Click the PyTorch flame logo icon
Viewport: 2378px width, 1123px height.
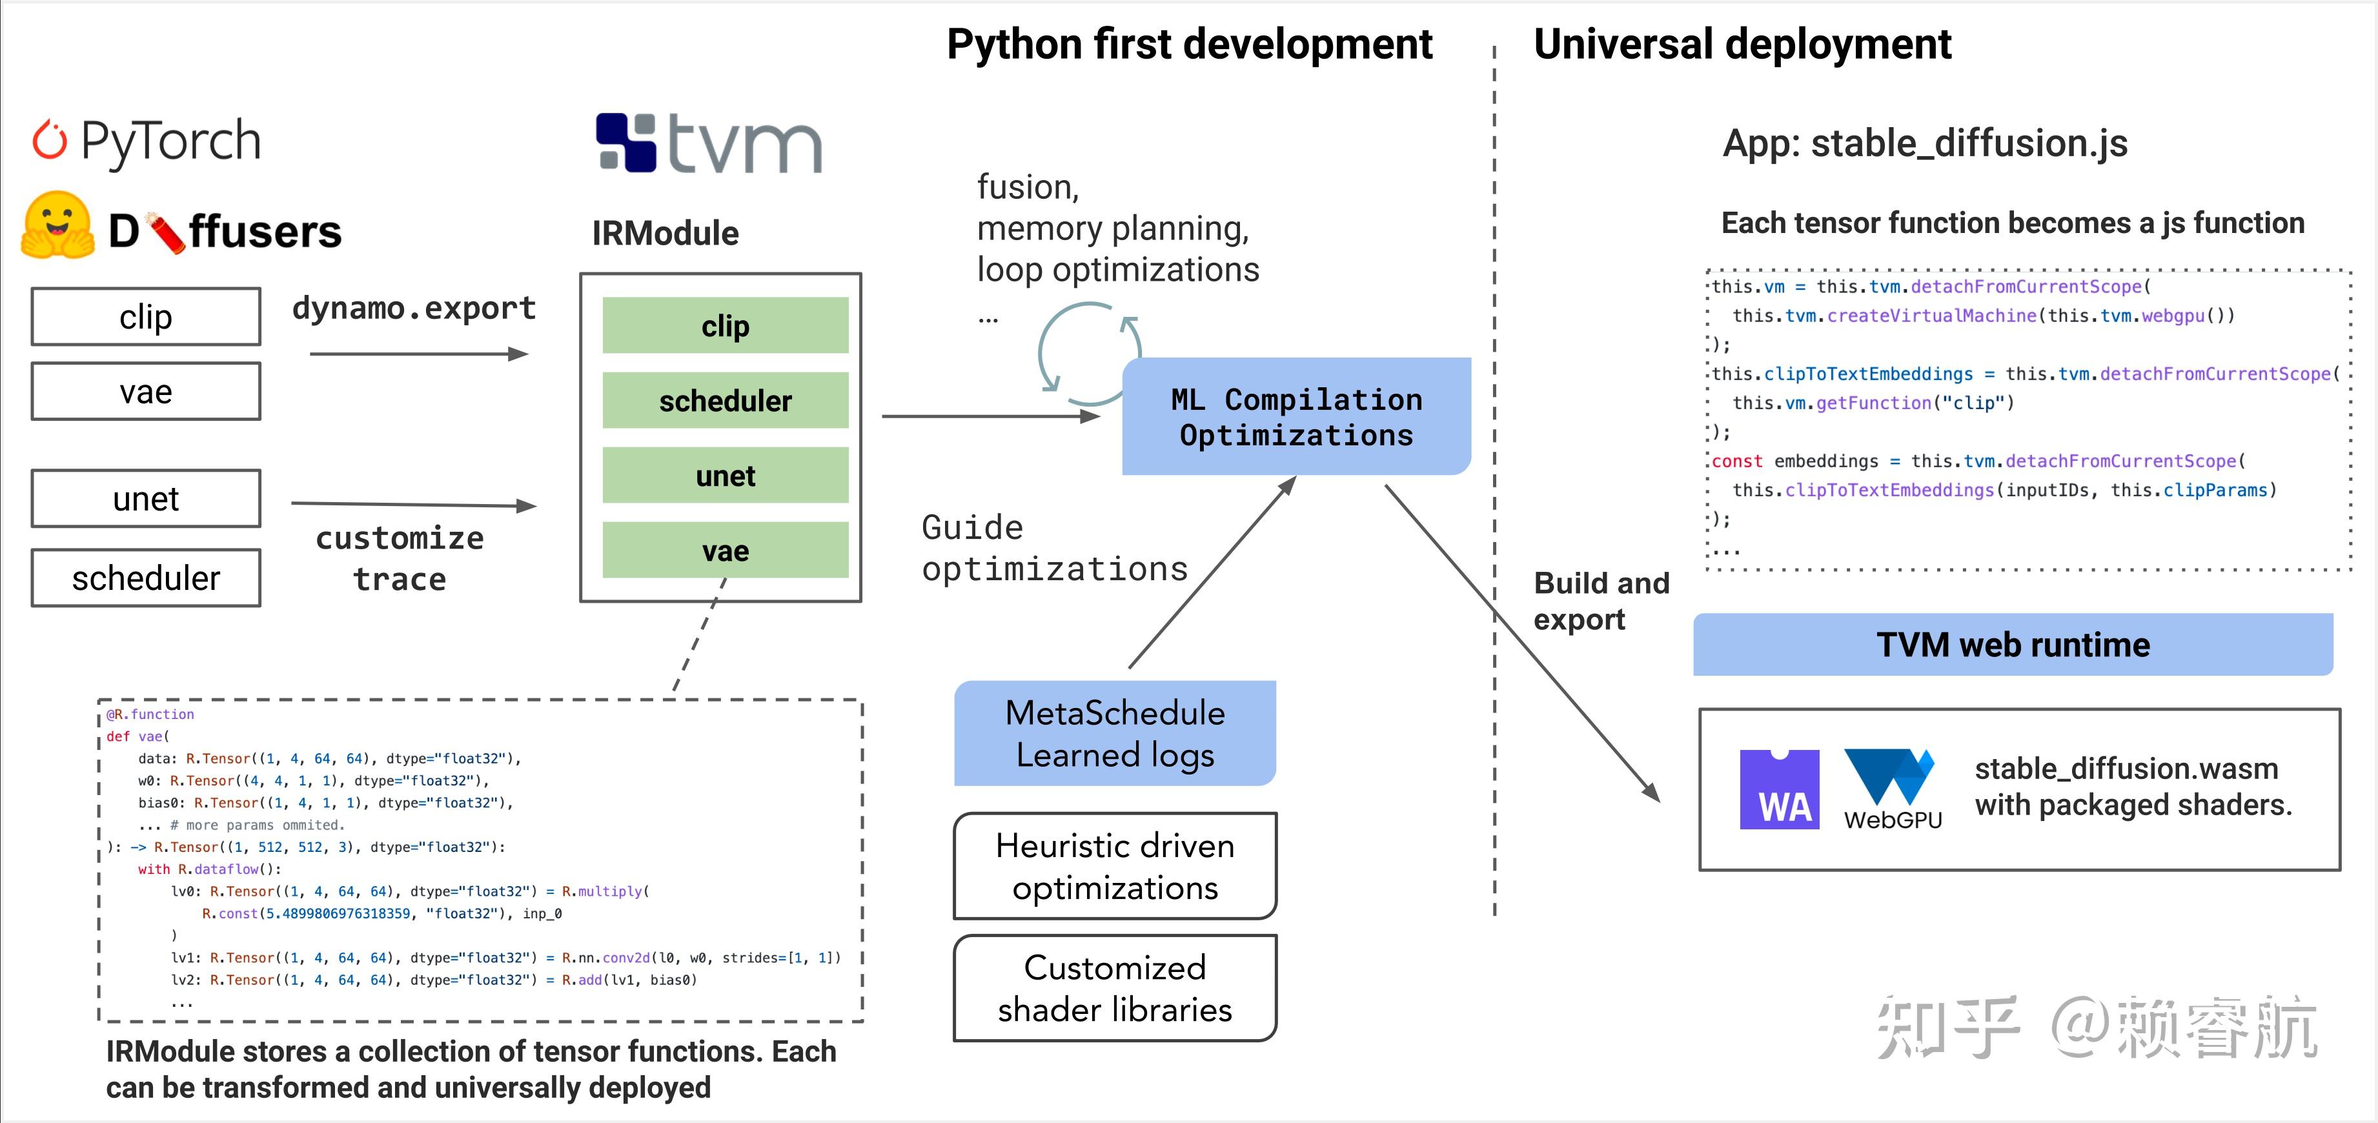tap(50, 140)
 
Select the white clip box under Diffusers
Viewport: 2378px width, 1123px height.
tap(146, 316)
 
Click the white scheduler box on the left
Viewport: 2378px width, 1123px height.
tap(146, 578)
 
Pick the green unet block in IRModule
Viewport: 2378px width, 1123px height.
tap(725, 475)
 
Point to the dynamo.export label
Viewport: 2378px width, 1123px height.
tap(414, 307)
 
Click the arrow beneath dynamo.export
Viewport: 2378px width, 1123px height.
tap(418, 354)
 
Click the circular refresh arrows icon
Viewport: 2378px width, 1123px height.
tap(1090, 354)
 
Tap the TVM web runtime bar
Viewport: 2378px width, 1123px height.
tap(2013, 644)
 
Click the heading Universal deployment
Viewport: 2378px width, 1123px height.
tap(1742, 45)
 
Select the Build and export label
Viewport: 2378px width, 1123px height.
tap(1601, 601)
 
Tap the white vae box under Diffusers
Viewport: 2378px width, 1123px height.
tap(146, 391)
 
